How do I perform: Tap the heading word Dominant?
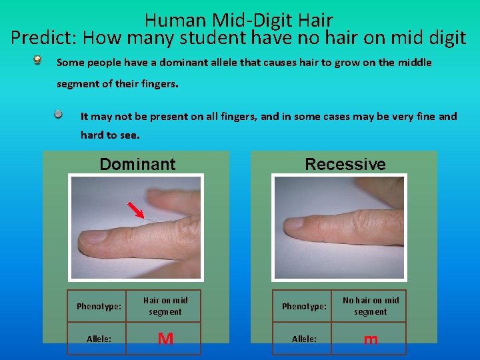click(x=137, y=164)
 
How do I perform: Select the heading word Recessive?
click(x=345, y=164)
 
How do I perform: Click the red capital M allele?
click(x=165, y=339)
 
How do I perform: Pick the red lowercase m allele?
click(x=371, y=339)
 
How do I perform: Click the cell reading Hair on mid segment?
click(x=165, y=306)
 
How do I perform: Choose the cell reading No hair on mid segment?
click(x=371, y=306)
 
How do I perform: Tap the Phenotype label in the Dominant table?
click(x=99, y=307)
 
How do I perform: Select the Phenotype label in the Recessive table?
click(x=304, y=307)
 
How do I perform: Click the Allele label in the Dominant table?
click(x=99, y=339)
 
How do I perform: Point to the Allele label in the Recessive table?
click(x=304, y=339)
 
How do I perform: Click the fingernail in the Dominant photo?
click(x=92, y=235)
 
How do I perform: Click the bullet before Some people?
click(x=40, y=62)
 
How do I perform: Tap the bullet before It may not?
click(x=59, y=115)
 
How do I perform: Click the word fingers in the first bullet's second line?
click(x=160, y=85)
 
